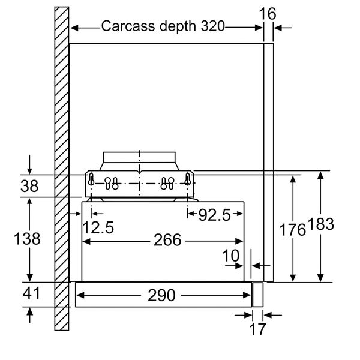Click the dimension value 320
click(212, 26)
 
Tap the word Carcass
click(128, 26)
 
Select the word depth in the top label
click(178, 26)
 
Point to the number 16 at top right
click(268, 14)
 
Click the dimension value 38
click(29, 186)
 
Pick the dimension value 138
click(27, 238)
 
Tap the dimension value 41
click(31, 293)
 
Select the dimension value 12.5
click(98, 227)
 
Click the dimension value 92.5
click(214, 215)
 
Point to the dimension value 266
click(167, 240)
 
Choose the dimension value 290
click(161, 295)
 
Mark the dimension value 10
click(231, 256)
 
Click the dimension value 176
click(293, 230)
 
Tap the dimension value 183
click(320, 224)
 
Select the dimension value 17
click(257, 329)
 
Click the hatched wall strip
click(62, 169)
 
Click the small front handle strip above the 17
click(258, 295)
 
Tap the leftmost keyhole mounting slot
click(91, 179)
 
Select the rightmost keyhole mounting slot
click(188, 179)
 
